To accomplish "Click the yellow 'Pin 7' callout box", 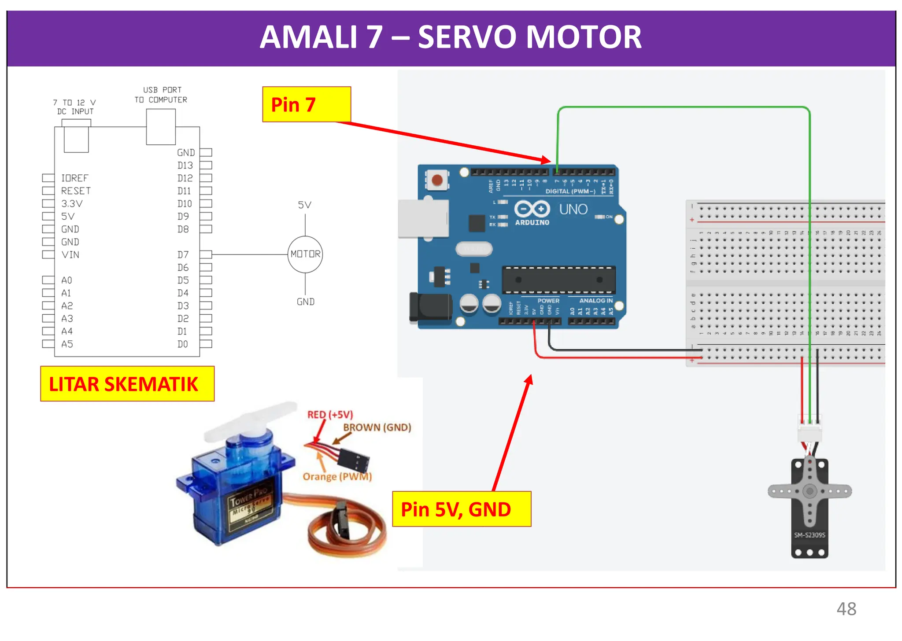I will pos(307,104).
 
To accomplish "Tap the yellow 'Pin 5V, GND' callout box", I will pos(461,509).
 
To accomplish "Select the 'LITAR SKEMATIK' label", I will pos(127,384).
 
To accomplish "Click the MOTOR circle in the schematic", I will pos(305,254).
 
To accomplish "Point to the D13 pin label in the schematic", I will pos(185,166).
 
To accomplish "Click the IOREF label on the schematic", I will pos(74,178).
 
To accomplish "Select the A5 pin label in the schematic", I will pos(67,344).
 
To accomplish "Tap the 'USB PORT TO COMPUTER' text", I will pos(161,95).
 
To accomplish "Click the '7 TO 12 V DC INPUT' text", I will pos(75,107).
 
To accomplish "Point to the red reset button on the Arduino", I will pos(437,180).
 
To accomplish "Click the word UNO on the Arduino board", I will pos(573,209).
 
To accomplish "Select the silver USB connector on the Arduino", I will pos(423,219).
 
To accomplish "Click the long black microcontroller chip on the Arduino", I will pos(558,280).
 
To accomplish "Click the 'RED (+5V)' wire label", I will pos(330,415).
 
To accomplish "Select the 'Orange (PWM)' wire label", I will pos(337,477).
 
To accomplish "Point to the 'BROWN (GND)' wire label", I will pos(377,427).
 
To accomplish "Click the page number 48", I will pos(846,609).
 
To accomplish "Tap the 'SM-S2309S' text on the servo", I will pos(810,535).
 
